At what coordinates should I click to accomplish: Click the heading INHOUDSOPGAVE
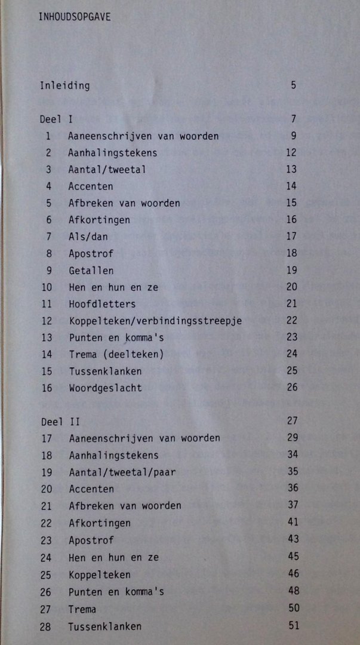tap(74, 17)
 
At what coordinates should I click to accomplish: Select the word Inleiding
tap(64, 85)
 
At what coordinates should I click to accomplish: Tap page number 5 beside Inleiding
tap(293, 85)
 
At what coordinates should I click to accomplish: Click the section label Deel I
tap(56, 119)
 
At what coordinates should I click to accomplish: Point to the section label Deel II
tap(60, 421)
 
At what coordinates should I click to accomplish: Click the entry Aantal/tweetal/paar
tap(122, 472)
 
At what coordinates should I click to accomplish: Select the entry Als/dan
tap(88, 236)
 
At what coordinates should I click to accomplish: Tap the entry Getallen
tap(91, 271)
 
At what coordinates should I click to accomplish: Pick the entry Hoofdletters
tap(101, 304)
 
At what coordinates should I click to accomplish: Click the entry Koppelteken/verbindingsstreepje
tap(155, 321)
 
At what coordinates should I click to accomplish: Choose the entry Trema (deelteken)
tap(116, 354)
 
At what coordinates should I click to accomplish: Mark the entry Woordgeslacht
tap(105, 388)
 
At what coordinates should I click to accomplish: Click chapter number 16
tap(47, 388)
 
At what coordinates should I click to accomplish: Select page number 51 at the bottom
tap(293, 625)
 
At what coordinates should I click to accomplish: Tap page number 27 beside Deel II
tap(292, 420)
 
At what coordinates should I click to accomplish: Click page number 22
tap(291, 320)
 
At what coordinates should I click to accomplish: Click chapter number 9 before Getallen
tap(48, 271)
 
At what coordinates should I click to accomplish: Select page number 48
tap(293, 591)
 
